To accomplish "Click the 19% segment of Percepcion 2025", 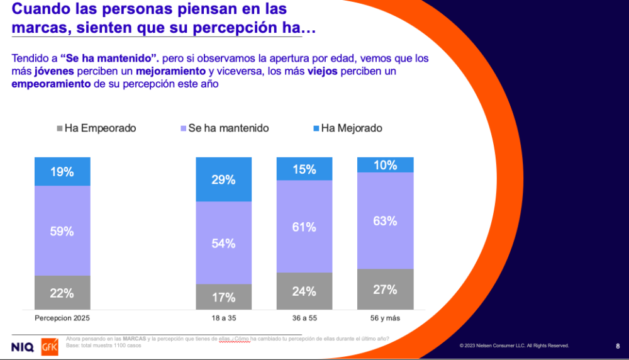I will coord(62,171).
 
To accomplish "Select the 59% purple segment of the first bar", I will coord(62,231).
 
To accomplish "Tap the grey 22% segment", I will coord(62,293).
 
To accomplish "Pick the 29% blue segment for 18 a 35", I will coord(224,179).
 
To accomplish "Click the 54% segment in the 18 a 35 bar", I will coord(224,243).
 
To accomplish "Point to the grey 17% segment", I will coord(224,296).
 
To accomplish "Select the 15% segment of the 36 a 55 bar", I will coord(304,169).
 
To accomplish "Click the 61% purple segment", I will coord(304,227).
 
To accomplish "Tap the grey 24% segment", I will coord(304,291).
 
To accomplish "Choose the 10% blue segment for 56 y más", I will coord(386,165).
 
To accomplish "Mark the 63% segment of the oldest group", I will coord(386,221).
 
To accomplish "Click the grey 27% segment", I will coord(386,290).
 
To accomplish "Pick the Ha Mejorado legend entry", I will coord(347,128).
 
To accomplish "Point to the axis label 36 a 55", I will coord(304,318).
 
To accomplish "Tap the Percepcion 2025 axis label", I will coord(62,318).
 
